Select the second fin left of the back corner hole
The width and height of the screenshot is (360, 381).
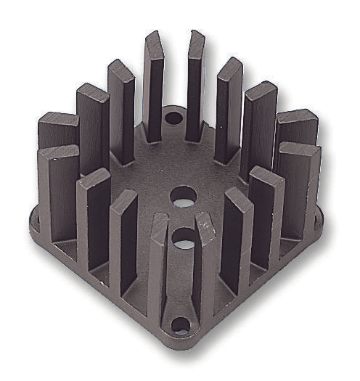click(x=121, y=109)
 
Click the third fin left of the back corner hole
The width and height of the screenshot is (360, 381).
click(x=92, y=123)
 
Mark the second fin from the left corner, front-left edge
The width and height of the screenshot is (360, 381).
click(x=92, y=221)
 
